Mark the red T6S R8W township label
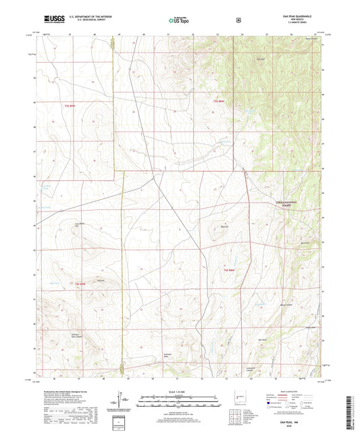pos(228,270)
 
